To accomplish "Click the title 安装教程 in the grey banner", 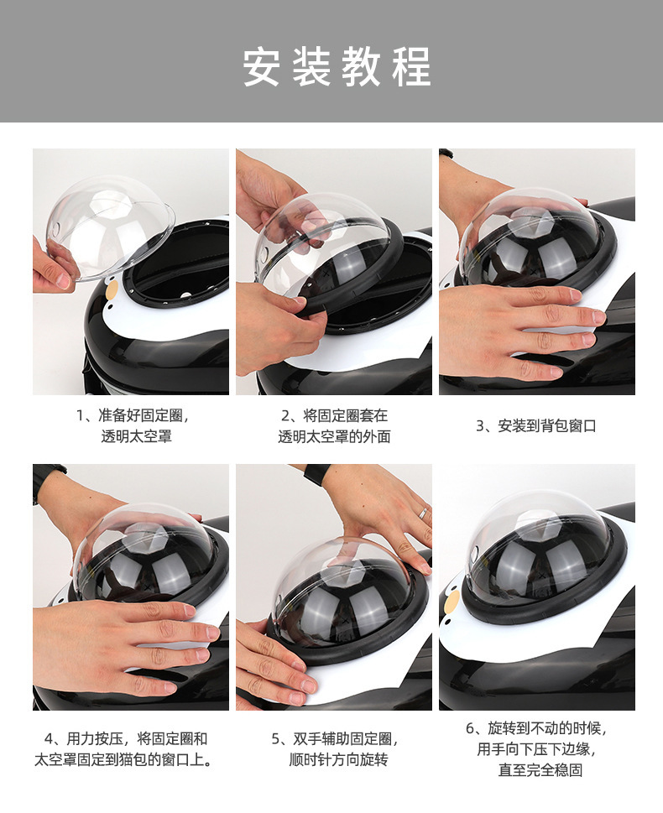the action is point(337,66).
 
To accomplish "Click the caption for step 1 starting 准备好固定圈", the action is point(133,425).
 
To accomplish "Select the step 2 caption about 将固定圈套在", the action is point(334,425).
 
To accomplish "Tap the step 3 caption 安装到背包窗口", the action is point(536,425).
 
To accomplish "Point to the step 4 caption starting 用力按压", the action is point(123,749).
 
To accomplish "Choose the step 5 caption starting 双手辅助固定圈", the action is point(335,749).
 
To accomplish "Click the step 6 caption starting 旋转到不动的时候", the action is point(536,749).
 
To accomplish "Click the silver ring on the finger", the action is point(423,513).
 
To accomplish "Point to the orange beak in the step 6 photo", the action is point(452,602).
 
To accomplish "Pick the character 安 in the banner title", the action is point(262,66).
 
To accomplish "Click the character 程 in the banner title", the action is point(412,66).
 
